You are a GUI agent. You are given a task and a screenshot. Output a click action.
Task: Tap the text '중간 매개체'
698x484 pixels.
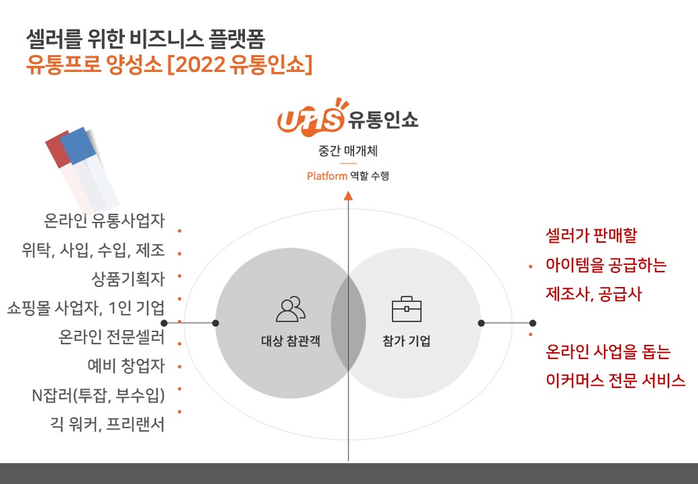click(348, 151)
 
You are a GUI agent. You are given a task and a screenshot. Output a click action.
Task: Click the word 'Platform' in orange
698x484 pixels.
click(328, 176)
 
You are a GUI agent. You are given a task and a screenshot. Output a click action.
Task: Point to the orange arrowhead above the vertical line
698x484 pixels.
click(348, 196)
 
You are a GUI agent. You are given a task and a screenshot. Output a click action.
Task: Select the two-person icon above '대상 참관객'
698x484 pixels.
click(291, 309)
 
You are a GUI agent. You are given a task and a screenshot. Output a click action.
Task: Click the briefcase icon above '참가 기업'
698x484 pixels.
click(407, 309)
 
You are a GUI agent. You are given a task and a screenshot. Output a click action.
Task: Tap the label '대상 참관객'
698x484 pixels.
click(291, 341)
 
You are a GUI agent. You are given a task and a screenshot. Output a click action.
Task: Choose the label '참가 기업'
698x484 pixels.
click(407, 341)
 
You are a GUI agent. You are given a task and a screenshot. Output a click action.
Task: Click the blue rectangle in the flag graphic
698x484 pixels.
click(79, 146)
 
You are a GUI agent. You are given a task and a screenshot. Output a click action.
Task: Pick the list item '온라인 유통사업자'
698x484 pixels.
click(104, 220)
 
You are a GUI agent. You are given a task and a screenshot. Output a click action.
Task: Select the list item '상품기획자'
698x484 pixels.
click(128, 279)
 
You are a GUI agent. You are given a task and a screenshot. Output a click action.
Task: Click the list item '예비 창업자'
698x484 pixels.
click(126, 366)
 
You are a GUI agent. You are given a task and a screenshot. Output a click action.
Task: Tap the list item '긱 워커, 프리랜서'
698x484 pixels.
click(107, 424)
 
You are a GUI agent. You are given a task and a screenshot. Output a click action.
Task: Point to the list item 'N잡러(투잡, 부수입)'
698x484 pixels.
click(99, 395)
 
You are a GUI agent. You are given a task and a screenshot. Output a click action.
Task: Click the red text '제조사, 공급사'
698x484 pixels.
click(594, 294)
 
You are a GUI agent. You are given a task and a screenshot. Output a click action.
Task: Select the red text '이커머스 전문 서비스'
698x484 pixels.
click(615, 380)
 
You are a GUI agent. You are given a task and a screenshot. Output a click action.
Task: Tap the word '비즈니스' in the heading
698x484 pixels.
click(166, 39)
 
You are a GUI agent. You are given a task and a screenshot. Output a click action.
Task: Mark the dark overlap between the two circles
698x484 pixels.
click(348, 323)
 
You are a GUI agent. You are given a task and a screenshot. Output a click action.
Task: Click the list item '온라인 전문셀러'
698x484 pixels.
click(111, 337)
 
